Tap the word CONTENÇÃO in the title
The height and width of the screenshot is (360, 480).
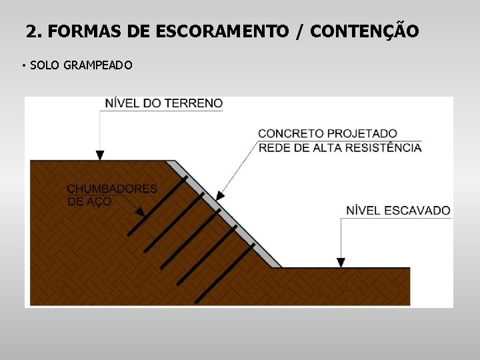(x=365, y=31)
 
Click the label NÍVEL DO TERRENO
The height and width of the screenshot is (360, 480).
(x=164, y=103)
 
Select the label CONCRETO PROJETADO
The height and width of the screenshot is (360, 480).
(x=327, y=134)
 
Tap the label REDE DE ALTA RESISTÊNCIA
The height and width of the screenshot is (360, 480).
(x=339, y=147)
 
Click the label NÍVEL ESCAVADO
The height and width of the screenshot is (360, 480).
(x=398, y=211)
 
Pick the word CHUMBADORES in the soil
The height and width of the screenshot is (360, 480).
(x=112, y=189)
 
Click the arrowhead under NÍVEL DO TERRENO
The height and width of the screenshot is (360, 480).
(x=100, y=155)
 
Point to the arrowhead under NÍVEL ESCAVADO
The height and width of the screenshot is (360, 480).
(x=341, y=263)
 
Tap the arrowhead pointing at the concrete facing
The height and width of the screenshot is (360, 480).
(x=220, y=196)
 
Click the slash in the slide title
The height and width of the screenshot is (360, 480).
(x=300, y=31)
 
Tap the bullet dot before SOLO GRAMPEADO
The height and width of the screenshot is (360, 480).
(x=23, y=66)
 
